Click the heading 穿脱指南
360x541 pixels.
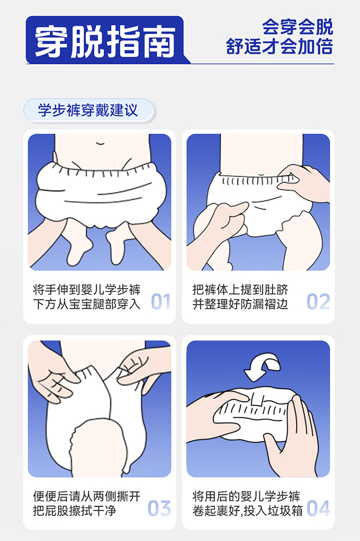(x=105, y=42)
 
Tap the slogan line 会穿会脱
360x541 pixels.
(x=298, y=27)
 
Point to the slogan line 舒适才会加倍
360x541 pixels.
(x=279, y=46)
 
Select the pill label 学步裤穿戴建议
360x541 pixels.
(x=88, y=110)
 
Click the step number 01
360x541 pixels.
(x=161, y=301)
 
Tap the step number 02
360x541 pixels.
(x=318, y=301)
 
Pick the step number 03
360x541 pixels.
(x=159, y=508)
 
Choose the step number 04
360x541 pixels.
(x=318, y=508)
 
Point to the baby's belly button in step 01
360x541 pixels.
(x=100, y=143)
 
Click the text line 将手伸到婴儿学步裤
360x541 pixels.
(x=87, y=289)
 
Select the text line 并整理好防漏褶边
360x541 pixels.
(x=240, y=304)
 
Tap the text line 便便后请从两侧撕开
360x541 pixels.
(x=87, y=496)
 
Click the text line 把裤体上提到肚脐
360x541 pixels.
(x=240, y=289)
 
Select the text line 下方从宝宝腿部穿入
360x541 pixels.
(x=87, y=304)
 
